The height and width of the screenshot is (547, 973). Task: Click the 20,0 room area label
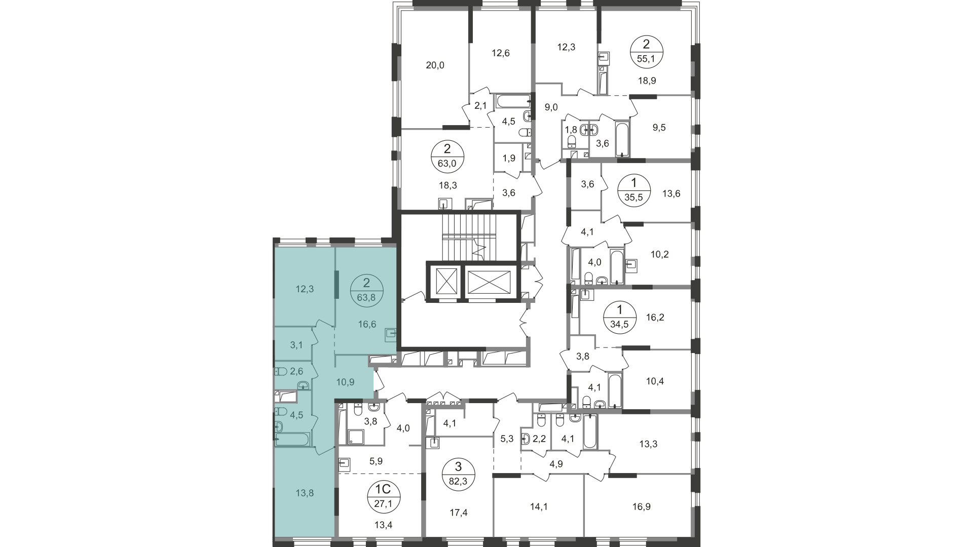pos(435,65)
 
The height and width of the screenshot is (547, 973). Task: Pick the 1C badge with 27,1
pos(383,498)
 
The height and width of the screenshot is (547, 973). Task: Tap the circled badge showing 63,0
pos(447,157)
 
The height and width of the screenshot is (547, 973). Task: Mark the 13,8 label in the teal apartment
pos(305,492)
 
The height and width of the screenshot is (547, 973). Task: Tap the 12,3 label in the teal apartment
pos(305,289)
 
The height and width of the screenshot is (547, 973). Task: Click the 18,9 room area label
pos(647,80)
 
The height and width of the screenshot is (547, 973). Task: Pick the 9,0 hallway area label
pos(551,107)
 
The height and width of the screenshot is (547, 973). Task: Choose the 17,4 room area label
pos(458,513)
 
